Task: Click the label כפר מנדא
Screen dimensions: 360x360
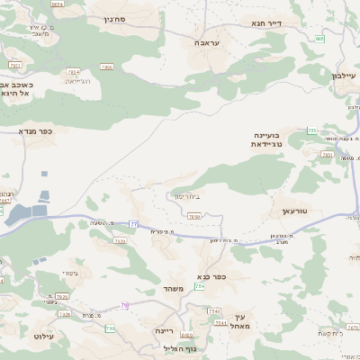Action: tap(36, 130)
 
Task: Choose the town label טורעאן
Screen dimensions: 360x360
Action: tap(295, 209)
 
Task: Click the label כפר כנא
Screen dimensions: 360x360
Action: tap(209, 276)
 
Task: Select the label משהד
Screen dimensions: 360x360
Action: tap(175, 288)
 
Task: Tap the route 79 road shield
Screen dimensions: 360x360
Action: tap(125, 306)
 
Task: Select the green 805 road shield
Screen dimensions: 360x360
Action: tap(321, 40)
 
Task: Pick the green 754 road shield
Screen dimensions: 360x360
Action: tap(200, 286)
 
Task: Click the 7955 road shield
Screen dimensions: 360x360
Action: tap(107, 66)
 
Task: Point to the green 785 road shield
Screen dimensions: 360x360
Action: tap(311, 131)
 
